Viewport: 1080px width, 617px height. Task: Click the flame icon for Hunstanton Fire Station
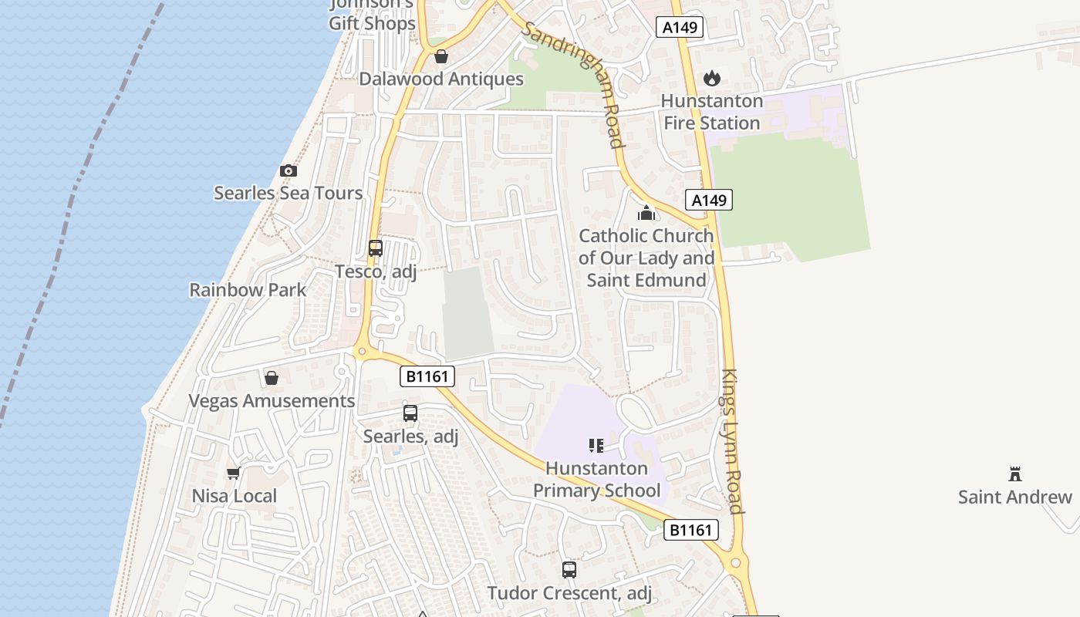711,78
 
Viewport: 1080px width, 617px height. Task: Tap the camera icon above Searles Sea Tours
288,170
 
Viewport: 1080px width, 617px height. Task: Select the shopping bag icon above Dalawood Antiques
441,56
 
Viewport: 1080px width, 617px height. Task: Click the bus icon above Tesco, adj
376,248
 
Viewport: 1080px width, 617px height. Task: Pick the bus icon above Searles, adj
410,413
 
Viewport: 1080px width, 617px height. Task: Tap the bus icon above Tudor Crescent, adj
569,570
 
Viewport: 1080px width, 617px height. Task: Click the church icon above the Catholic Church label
646,213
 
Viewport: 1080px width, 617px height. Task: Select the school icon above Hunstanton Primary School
596,445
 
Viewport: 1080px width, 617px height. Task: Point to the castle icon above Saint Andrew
1015,474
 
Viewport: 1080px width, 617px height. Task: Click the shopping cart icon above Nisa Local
234,473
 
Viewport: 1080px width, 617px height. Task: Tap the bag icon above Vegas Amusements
272,378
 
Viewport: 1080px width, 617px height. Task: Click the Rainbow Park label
248,290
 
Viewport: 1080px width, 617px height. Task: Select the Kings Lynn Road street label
731,441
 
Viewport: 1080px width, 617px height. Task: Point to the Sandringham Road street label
572,83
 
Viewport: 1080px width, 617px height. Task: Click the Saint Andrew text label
1015,497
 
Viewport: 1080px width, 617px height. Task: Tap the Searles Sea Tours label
288,193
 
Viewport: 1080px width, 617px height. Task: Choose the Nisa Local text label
234,496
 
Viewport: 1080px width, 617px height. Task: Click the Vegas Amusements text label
272,401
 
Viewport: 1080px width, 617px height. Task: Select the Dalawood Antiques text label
441,79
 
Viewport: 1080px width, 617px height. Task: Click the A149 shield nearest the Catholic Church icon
708,201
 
